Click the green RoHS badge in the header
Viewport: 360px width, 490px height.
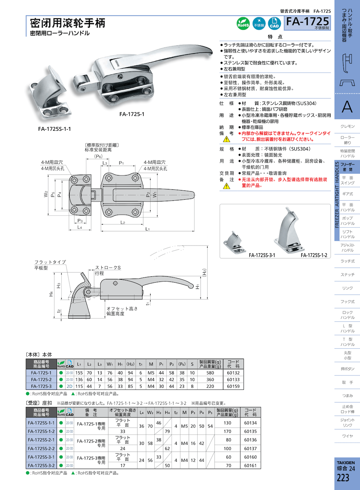tap(243, 23)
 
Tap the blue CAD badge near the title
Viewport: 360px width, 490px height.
tap(274, 23)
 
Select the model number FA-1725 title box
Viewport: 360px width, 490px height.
tap(308, 23)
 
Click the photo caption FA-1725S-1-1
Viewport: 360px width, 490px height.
tap(54, 129)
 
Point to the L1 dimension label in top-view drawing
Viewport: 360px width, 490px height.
tap(147, 229)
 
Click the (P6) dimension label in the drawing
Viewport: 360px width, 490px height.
tap(98, 156)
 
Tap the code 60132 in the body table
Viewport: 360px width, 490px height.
tap(233, 373)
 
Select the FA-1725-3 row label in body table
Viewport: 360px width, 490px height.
tap(41, 386)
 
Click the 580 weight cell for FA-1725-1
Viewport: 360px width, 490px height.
tap(210, 373)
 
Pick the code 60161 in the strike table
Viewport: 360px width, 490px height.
tap(250, 465)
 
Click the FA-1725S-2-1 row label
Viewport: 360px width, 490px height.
tap(41, 440)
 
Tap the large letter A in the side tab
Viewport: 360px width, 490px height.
tap(347, 107)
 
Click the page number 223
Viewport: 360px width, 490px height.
tap(343, 478)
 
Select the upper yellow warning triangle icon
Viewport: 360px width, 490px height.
tap(226, 139)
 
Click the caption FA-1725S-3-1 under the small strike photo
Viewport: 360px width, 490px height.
tap(262, 255)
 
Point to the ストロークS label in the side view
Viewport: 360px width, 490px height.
tap(108, 268)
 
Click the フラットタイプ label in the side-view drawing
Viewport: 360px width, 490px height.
tap(50, 262)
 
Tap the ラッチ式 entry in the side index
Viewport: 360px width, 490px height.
tap(347, 261)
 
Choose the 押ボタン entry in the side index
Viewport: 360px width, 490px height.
tap(347, 369)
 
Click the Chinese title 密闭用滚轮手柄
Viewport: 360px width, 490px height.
tap(68, 23)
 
